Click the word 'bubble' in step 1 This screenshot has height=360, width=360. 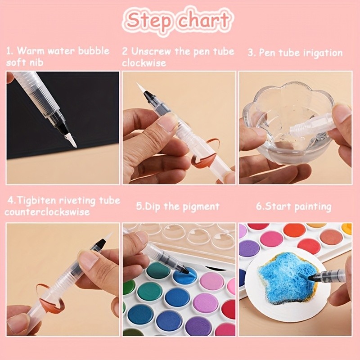pos(94,50)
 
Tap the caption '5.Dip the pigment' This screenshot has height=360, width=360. pos(178,207)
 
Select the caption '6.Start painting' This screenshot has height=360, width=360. pos(293,207)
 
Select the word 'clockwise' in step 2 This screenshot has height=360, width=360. pos(144,63)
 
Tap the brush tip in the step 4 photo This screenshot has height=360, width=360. pos(107,237)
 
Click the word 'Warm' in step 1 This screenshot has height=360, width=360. pos(30,50)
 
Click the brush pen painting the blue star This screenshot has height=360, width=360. pos(326,276)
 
